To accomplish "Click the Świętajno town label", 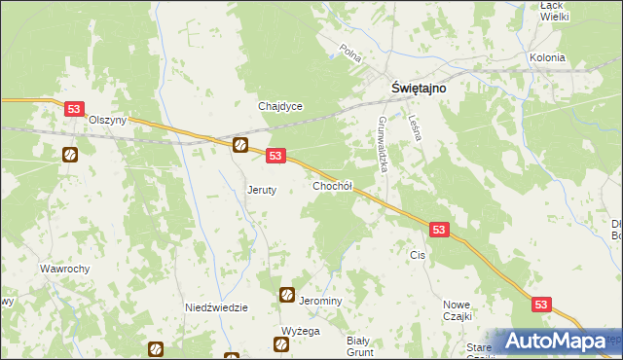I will click(419, 87).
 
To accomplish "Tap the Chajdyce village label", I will click(280, 106).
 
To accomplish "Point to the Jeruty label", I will click(263, 191).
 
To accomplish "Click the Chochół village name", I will click(332, 185).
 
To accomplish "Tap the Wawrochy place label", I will click(65, 269).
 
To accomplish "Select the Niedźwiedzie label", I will click(216, 307).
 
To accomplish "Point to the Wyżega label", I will click(301, 331).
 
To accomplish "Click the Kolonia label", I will click(547, 58).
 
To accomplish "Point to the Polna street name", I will click(350, 50).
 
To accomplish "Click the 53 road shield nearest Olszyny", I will click(74, 110).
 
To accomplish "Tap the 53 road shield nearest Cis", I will click(439, 230).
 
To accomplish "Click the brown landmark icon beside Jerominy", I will click(287, 295).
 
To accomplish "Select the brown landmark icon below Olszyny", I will click(70, 155).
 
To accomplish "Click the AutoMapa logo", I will click(556, 342).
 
